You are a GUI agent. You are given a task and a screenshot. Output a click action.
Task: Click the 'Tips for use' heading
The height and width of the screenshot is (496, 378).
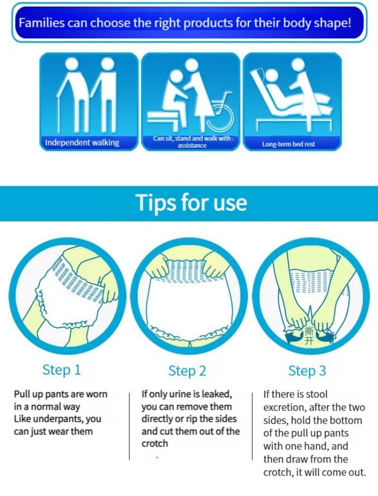click(191, 203)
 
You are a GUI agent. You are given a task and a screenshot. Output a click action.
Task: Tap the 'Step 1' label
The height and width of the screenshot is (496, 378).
click(61, 370)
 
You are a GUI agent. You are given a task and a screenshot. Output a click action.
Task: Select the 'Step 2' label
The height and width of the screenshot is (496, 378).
click(187, 371)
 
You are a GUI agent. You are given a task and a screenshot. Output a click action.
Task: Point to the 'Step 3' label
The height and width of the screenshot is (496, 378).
click(307, 371)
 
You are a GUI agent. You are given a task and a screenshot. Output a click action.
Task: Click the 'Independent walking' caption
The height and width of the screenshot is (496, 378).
click(82, 143)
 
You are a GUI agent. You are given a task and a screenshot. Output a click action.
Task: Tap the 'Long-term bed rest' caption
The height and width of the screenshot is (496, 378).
click(288, 144)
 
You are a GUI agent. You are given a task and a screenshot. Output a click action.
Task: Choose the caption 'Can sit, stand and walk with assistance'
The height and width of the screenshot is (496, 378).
click(193, 142)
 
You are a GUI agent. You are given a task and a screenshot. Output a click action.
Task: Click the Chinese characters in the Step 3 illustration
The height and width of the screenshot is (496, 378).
click(309, 336)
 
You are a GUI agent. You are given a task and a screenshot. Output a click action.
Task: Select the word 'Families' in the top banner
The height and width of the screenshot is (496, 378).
click(41, 23)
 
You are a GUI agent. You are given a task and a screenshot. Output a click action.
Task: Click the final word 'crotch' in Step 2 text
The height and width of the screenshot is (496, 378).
click(155, 444)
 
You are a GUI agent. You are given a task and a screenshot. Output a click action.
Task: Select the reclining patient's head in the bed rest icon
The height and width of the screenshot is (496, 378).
click(272, 76)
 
